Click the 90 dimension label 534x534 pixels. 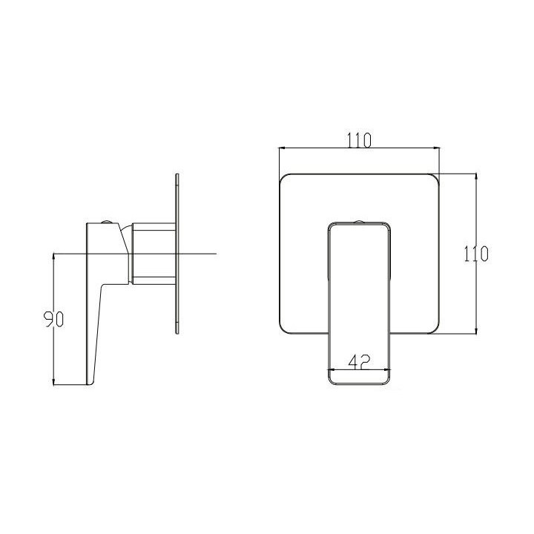point(54,320)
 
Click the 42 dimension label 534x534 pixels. point(359,362)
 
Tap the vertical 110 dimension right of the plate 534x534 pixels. point(476,254)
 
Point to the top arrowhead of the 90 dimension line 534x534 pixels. point(53,257)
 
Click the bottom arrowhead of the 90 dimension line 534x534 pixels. point(53,381)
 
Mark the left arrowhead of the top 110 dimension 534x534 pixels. point(283,148)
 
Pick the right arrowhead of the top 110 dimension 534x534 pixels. point(436,148)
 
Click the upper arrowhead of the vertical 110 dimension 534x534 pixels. point(476,177)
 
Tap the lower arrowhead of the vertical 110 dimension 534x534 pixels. point(476,330)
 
